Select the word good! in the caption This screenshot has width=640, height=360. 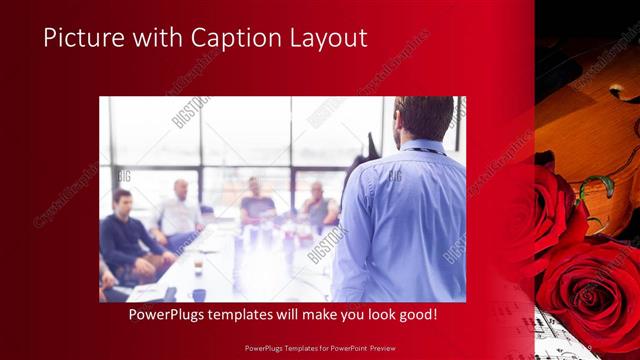pos(414,314)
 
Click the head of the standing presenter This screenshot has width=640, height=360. pos(424,118)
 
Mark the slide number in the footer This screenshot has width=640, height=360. pos(589,348)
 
